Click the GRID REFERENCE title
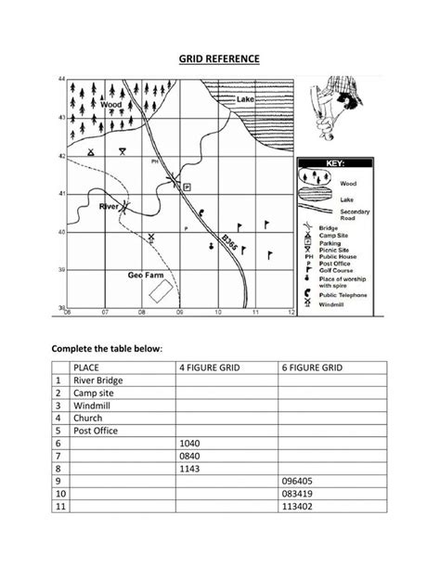219,59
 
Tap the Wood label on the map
111,105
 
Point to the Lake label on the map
245,98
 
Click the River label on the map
109,206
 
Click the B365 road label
229,243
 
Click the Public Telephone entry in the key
343,295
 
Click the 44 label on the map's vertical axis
61,81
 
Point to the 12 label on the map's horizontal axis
291,313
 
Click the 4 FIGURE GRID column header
210,367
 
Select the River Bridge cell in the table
97,380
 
